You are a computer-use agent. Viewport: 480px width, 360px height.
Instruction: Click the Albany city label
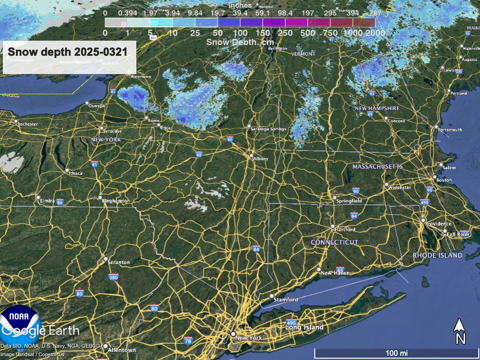261,159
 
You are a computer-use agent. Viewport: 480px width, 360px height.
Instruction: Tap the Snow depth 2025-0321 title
67,52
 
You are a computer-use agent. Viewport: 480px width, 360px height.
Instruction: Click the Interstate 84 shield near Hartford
354,216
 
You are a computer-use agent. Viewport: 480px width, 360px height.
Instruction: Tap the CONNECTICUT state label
335,242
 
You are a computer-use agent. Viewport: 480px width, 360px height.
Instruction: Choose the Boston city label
444,180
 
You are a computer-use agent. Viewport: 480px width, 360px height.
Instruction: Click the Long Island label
304,327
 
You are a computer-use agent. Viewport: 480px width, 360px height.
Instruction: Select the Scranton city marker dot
105,259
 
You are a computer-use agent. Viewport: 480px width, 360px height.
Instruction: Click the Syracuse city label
112,131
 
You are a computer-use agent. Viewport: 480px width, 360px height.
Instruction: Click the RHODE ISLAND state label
437,255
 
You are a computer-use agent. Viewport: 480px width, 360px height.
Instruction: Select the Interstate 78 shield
188,340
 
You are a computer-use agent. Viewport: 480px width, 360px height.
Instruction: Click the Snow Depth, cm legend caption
240,41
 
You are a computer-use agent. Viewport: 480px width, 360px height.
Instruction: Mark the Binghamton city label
116,201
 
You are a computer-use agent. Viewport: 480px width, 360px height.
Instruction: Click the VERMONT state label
303,54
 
